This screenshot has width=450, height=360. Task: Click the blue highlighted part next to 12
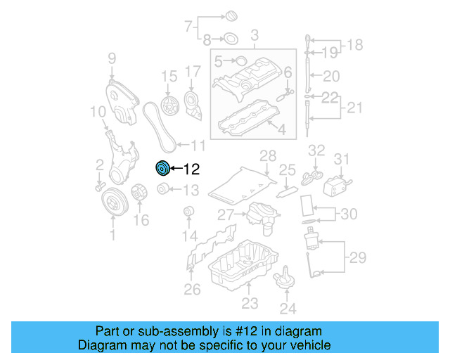[x=162, y=168]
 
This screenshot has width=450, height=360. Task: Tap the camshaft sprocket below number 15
[x=169, y=107]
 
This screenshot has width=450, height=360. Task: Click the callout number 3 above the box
[x=254, y=34]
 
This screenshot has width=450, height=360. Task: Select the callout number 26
[x=192, y=288]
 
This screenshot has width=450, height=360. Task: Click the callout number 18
[x=355, y=45]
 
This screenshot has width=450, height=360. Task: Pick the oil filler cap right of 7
[x=231, y=15]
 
